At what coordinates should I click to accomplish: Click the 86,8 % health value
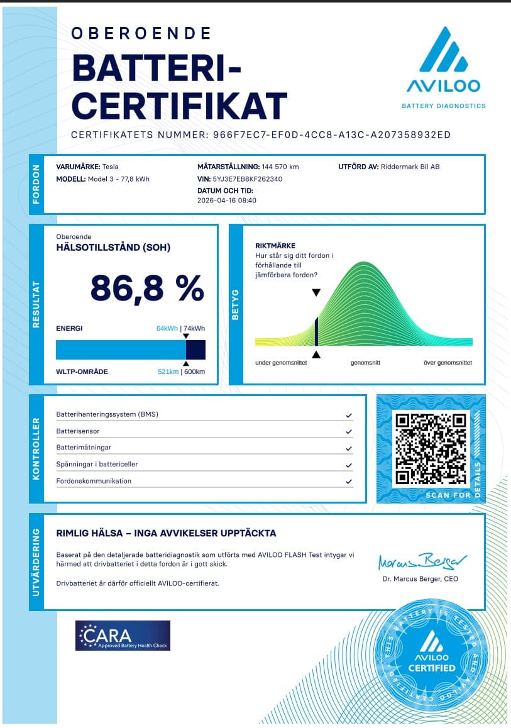(x=147, y=289)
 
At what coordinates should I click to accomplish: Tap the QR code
(x=431, y=448)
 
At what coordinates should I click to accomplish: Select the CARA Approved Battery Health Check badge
(x=123, y=636)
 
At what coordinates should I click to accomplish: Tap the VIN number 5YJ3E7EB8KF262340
(x=248, y=179)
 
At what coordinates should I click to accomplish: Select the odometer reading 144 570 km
(x=280, y=167)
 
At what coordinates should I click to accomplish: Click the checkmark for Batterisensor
(x=349, y=432)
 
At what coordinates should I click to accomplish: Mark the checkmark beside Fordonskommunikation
(x=349, y=482)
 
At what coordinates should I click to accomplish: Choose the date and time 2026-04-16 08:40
(x=227, y=201)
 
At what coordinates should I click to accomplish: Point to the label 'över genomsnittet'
(x=448, y=363)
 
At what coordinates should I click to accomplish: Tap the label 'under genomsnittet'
(x=281, y=363)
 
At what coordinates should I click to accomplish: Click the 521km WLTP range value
(x=168, y=372)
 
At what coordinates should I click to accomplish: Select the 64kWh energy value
(x=167, y=328)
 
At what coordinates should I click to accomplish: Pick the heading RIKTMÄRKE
(x=275, y=246)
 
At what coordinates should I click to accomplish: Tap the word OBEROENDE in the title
(x=141, y=33)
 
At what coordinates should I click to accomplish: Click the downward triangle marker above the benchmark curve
(x=316, y=293)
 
